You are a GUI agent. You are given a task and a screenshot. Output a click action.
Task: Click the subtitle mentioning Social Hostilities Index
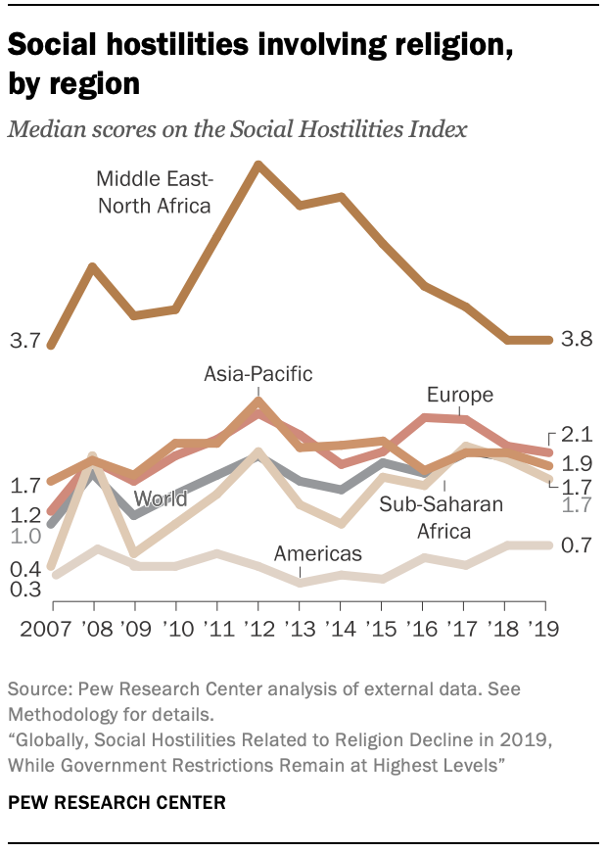click(x=237, y=129)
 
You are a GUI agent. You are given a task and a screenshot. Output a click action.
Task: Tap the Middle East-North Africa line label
click(x=154, y=191)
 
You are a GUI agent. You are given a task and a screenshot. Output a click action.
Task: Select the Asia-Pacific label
click(x=257, y=373)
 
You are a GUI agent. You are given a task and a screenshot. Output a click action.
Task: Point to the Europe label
click(x=459, y=395)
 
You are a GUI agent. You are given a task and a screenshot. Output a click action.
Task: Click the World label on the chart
click(x=161, y=498)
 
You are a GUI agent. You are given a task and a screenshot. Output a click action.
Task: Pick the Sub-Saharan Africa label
click(x=441, y=518)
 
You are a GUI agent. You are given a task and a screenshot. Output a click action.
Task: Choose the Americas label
click(x=317, y=553)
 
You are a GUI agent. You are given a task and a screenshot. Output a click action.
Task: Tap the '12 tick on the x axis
click(x=257, y=628)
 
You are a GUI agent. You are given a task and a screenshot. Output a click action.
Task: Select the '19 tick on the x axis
click(x=545, y=628)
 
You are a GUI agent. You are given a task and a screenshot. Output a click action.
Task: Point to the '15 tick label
click(x=381, y=628)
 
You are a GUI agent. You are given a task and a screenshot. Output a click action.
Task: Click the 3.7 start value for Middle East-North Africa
click(x=23, y=341)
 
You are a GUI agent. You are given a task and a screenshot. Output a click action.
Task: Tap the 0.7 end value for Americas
click(x=578, y=544)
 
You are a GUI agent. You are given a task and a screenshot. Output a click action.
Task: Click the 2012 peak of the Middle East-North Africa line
click(x=257, y=165)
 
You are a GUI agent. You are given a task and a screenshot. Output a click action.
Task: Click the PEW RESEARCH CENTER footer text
click(x=117, y=802)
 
